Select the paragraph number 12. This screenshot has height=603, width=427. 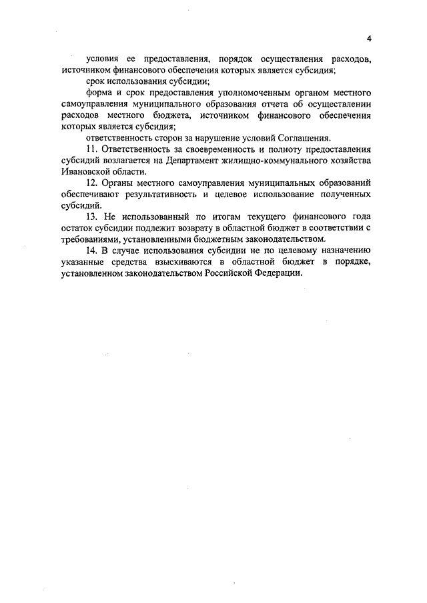92,183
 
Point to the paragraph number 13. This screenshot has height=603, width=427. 92,217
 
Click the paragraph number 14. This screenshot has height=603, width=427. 92,251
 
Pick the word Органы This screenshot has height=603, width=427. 120,183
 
